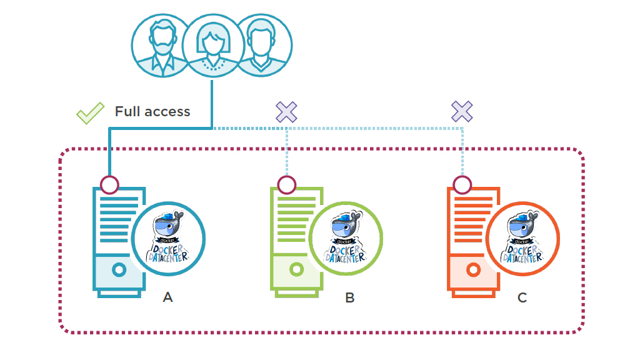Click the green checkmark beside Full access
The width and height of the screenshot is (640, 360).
click(90, 113)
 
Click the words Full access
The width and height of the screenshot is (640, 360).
click(152, 112)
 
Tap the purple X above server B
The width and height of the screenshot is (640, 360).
click(286, 112)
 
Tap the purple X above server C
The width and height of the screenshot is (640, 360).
click(462, 112)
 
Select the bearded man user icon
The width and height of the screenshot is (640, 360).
click(160, 45)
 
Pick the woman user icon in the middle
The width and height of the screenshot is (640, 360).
click(211, 45)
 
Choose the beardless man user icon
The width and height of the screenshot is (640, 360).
click(262, 45)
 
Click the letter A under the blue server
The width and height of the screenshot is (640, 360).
click(167, 297)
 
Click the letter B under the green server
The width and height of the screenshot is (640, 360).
click(349, 297)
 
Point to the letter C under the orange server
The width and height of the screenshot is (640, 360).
click(522, 297)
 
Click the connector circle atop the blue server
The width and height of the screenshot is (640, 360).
click(109, 184)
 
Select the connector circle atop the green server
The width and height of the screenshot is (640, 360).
click(286, 184)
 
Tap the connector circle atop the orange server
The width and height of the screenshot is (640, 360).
click(462, 184)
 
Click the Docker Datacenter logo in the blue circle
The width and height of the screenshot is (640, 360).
click(169, 238)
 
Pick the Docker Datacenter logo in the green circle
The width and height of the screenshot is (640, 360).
click(346, 238)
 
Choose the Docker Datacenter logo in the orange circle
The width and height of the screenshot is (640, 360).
click(522, 238)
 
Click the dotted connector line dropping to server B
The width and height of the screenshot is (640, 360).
click(286, 153)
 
